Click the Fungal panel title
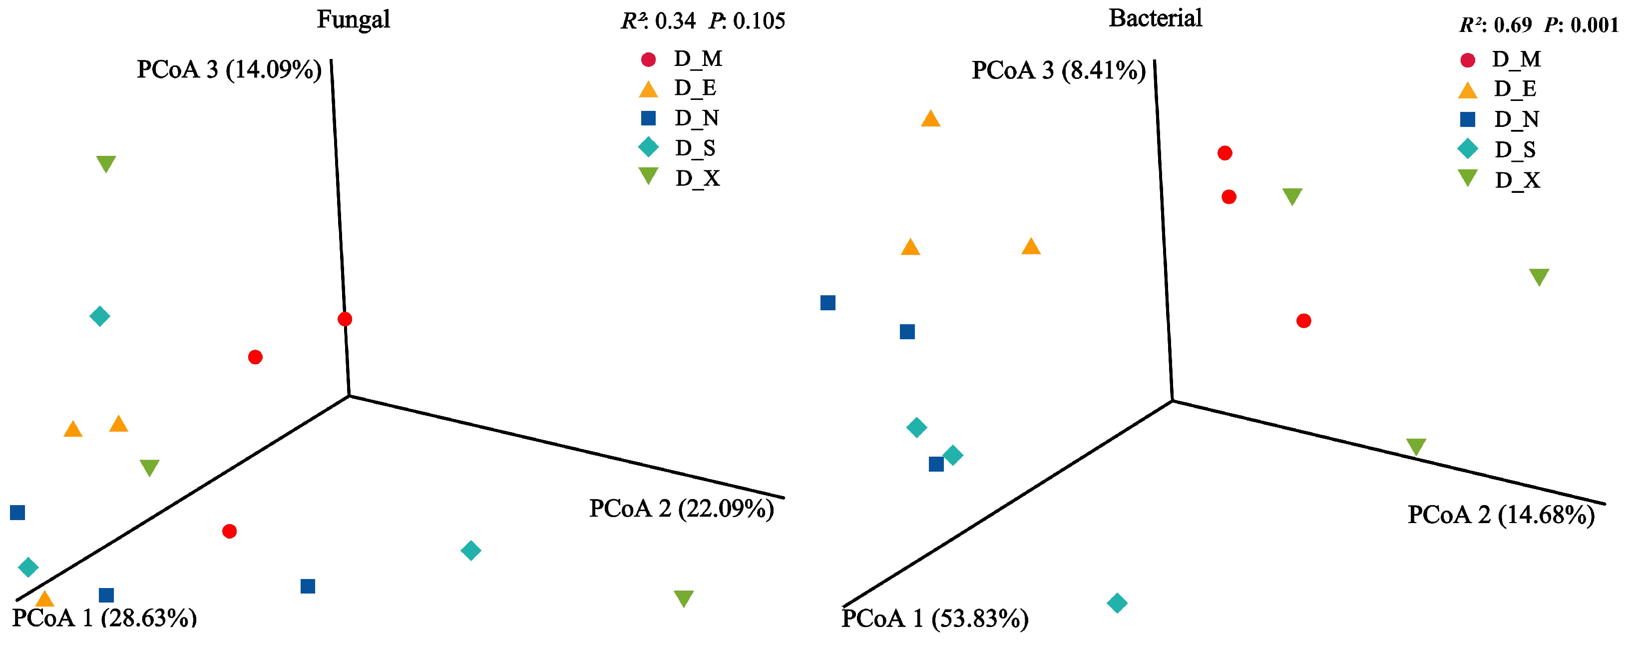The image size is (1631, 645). coord(353,19)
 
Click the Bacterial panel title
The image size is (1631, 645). coord(1155,18)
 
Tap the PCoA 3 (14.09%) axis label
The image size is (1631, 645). coord(229,69)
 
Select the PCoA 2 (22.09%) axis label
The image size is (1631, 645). coord(681,508)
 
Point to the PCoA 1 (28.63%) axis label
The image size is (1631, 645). coord(104,618)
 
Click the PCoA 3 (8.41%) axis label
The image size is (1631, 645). coord(1059,70)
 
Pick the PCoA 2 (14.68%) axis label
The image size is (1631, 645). coord(1501,515)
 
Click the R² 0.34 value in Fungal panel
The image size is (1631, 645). coord(659,21)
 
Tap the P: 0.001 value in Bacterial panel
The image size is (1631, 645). coord(1581,24)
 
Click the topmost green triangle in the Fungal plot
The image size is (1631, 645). coord(106,163)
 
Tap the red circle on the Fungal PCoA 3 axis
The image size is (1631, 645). coord(345,319)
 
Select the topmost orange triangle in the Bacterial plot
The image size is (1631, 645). coord(930,118)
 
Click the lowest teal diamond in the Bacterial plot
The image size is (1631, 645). coord(1117,603)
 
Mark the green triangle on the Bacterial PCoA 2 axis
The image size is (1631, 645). coord(1416,447)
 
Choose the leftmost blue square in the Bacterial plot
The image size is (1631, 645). coord(827,303)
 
